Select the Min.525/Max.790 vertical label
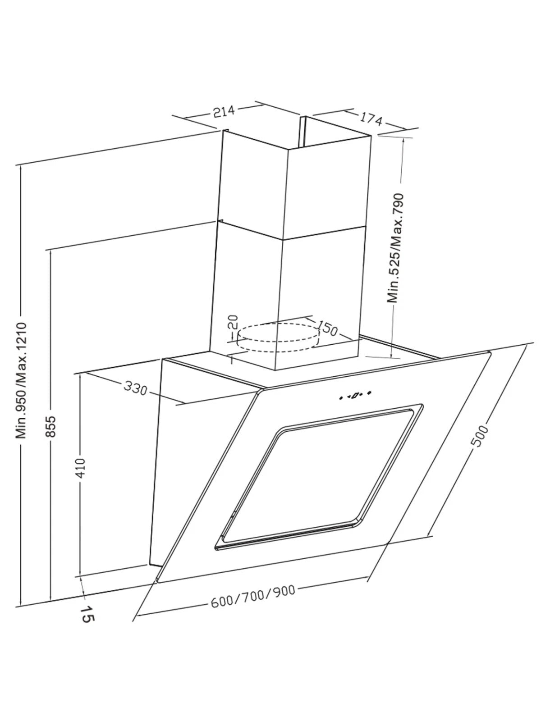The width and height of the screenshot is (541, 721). [x=396, y=248]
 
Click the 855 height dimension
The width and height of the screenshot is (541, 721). [x=51, y=426]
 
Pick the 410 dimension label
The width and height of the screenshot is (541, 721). [x=81, y=469]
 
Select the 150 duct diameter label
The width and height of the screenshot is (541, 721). [x=327, y=329]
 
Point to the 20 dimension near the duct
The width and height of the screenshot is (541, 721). [x=233, y=322]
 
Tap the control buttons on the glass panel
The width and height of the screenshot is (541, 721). [x=355, y=395]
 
